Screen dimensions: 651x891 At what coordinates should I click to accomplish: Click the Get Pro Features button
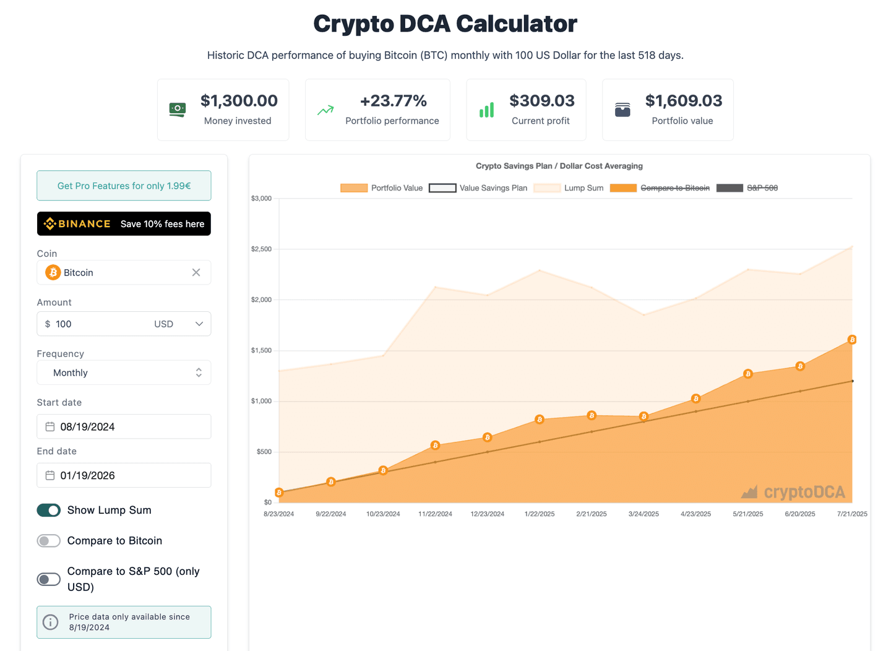124,186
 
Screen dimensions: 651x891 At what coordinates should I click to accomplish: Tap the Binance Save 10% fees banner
124,224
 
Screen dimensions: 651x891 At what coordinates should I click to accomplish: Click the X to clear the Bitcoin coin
196,272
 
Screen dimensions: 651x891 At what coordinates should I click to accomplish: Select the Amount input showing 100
99,324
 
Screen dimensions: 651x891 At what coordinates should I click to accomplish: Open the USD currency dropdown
179,324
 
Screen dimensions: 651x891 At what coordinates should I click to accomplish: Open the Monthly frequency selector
124,373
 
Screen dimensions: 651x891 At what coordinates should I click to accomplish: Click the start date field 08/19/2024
124,426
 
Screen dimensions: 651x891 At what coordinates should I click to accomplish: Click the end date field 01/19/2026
124,475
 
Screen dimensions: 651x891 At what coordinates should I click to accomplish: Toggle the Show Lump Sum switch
49,510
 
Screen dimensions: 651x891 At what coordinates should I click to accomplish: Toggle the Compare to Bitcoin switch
49,541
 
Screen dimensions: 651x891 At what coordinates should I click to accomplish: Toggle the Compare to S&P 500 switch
49,579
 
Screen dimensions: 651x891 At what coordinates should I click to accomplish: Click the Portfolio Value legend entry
382,188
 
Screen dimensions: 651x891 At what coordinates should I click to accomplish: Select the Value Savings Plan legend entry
478,188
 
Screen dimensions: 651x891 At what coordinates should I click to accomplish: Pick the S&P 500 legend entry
747,188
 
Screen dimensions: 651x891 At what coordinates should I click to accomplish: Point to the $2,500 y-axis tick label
261,249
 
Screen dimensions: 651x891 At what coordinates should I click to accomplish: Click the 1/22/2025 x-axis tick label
540,514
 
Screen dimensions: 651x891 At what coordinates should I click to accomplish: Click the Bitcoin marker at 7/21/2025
852,340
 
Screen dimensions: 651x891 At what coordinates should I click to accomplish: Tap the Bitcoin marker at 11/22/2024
436,446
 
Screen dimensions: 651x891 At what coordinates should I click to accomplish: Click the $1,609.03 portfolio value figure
683,101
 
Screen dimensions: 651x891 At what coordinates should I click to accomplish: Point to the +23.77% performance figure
394,101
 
